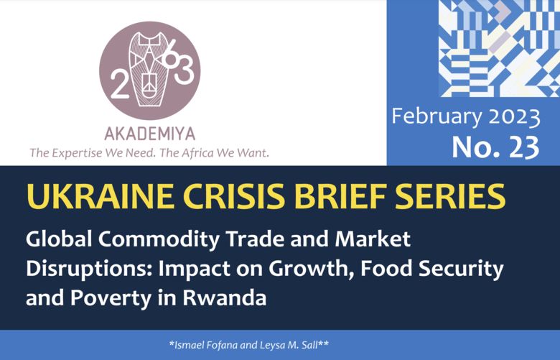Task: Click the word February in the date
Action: coord(437,117)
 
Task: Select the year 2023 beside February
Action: coord(514,117)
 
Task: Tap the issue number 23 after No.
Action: coord(524,147)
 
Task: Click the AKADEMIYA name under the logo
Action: coord(150,134)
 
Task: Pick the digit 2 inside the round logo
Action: coord(120,84)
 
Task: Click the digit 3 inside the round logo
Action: coord(185,70)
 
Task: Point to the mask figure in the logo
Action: coord(149,69)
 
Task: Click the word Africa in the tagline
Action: coord(197,152)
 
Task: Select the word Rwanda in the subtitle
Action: coord(225,297)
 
